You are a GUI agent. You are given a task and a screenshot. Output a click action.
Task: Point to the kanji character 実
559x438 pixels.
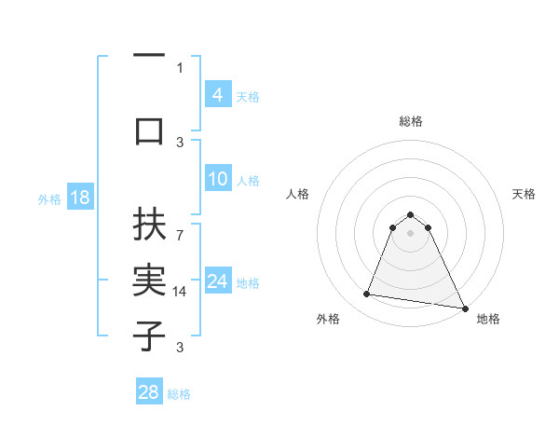click(x=148, y=281)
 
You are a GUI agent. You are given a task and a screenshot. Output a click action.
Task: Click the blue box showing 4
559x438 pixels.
click(x=217, y=95)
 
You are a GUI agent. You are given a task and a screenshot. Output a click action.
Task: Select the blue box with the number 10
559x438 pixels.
click(x=217, y=180)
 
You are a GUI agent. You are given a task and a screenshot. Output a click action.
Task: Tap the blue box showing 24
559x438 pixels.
click(x=217, y=281)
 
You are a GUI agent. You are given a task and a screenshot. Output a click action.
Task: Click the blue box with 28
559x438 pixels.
click(x=148, y=392)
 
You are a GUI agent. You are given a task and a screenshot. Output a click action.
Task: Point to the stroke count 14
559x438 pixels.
click(x=182, y=292)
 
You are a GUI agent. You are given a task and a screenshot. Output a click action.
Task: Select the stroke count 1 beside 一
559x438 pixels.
click(x=180, y=67)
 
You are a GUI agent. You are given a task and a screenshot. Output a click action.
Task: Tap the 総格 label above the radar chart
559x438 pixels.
click(x=410, y=121)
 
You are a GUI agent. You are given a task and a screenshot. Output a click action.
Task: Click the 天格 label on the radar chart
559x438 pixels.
click(x=524, y=194)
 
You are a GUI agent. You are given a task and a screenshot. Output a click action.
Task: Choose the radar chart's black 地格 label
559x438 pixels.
click(x=488, y=319)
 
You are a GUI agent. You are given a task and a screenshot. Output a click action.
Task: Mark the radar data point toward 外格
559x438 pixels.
click(x=367, y=294)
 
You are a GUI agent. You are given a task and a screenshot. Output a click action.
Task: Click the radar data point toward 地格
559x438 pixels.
click(x=464, y=308)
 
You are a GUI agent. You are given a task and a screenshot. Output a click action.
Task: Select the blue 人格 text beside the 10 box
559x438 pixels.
click(x=248, y=181)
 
